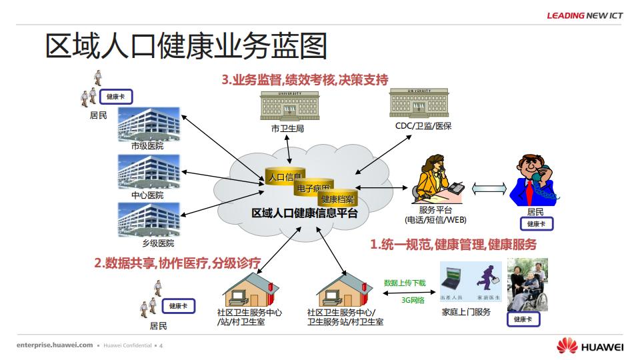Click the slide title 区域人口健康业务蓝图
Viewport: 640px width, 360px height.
pyautogui.click(x=186, y=46)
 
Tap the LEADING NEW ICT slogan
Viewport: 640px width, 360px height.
pyautogui.click(x=585, y=15)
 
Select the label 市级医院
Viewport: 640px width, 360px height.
pyautogui.click(x=147, y=146)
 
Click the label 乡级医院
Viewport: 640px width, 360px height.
pyautogui.click(x=148, y=243)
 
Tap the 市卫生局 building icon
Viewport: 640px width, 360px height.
pyautogui.click(x=289, y=106)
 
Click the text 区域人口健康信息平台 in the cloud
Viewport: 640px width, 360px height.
pyautogui.click(x=304, y=214)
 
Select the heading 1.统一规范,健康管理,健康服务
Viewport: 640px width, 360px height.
pyautogui.click(x=453, y=245)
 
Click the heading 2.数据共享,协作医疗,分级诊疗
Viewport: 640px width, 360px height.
pyautogui.click(x=177, y=263)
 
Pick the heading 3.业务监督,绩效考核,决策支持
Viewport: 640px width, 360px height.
pyautogui.click(x=305, y=80)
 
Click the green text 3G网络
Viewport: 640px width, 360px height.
pyautogui.click(x=413, y=300)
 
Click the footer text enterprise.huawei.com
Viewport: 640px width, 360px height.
pyautogui.click(x=55, y=345)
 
